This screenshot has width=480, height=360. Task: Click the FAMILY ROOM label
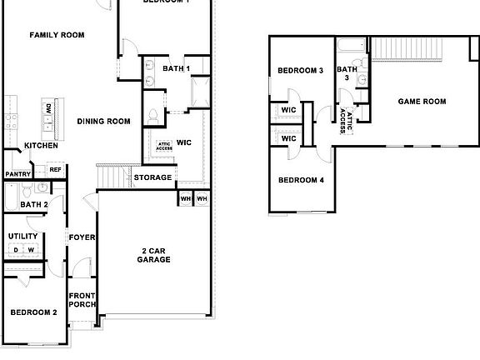point(57,35)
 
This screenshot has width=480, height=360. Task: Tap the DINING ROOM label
point(104,122)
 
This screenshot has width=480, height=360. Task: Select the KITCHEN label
point(41,146)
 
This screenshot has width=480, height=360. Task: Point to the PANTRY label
point(18,174)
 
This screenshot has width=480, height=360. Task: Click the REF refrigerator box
point(55,170)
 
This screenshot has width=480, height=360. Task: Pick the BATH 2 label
point(33,204)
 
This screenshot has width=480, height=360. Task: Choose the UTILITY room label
point(22,237)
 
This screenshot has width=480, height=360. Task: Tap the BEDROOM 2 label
point(33,312)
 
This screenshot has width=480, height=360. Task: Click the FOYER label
point(82,237)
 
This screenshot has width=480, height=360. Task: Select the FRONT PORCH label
point(82,300)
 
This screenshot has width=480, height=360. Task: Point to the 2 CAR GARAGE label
point(154,254)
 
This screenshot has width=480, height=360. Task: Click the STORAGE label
point(153,177)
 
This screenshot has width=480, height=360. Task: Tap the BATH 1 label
point(176,68)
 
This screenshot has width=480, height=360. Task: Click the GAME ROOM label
point(422,102)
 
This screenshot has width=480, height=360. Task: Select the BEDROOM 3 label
point(300,71)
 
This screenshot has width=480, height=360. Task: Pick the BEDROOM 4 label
point(300,180)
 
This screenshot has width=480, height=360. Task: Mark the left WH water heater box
point(185,198)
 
